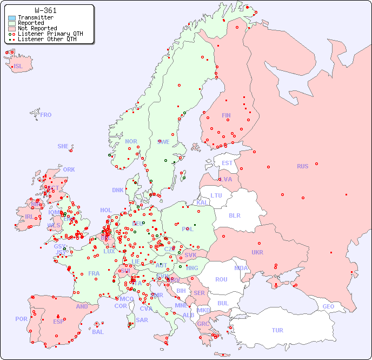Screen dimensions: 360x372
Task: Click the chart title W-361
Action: click(45, 10)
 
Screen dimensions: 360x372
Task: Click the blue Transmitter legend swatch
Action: click(12, 18)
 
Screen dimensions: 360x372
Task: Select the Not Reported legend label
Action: click(37, 28)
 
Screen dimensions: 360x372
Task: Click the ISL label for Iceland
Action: click(18, 67)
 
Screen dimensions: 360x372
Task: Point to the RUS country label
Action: click(302, 166)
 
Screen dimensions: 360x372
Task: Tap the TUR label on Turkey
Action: click(277, 330)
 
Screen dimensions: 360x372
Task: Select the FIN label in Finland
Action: click(226, 115)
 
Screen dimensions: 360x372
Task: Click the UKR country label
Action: click(257, 252)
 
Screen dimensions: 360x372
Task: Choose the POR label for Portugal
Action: click(21, 319)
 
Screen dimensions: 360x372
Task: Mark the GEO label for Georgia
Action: click(328, 306)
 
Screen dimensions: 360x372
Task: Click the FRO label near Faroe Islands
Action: click(46, 115)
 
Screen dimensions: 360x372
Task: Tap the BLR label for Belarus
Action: click(234, 215)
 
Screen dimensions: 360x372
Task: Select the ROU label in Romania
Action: click(221, 279)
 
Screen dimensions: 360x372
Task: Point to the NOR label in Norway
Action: click(131, 141)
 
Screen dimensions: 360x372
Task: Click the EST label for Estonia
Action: click(227, 163)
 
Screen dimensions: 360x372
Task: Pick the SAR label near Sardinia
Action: click(142, 320)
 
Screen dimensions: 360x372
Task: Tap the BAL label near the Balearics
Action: click(97, 332)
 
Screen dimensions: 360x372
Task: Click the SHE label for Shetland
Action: click(63, 146)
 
